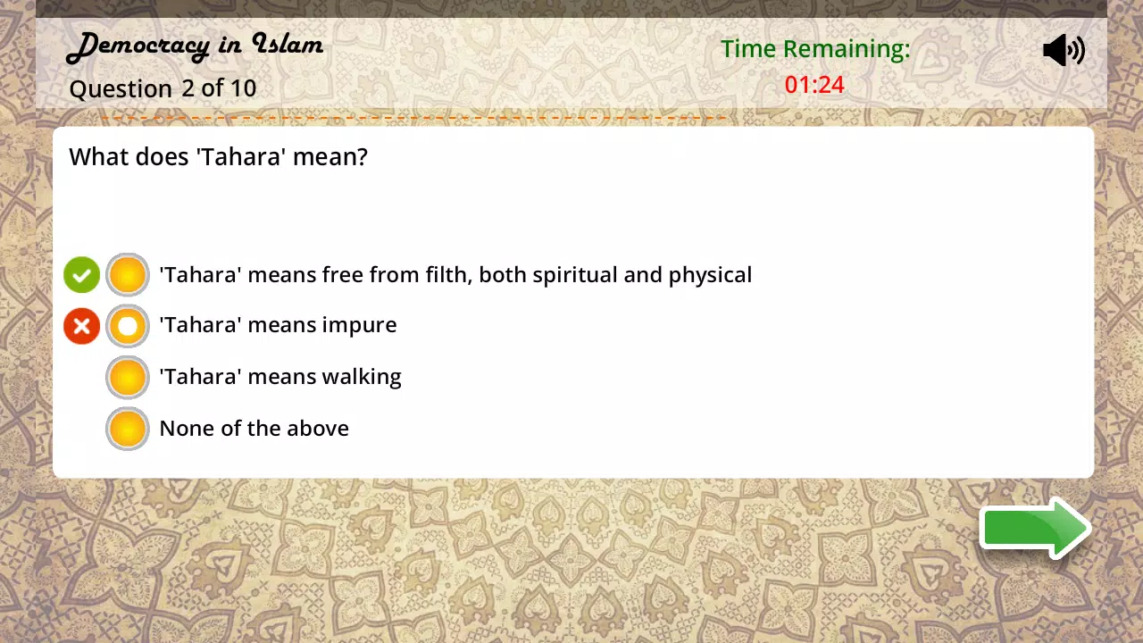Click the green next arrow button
(1036, 528)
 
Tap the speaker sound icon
(1064, 50)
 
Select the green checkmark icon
(81, 275)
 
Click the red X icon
(81, 326)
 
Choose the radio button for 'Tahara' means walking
(128, 378)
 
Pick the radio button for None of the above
(128, 429)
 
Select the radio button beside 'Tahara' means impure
(128, 326)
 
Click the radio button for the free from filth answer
(128, 274)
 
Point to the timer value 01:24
(814, 85)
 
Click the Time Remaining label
(815, 49)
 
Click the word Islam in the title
(288, 44)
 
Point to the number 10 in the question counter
(243, 88)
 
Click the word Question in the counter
(121, 89)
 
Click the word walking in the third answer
(362, 378)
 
